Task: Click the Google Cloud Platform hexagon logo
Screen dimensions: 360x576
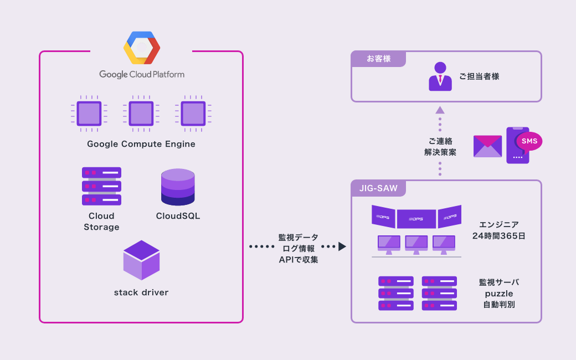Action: click(x=141, y=48)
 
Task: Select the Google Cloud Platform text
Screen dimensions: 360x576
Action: click(x=142, y=74)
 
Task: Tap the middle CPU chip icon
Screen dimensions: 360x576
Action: click(x=141, y=114)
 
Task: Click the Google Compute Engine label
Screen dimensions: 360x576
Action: click(x=141, y=144)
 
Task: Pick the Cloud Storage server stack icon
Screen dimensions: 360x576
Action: click(x=101, y=186)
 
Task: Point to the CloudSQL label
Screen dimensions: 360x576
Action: click(x=178, y=216)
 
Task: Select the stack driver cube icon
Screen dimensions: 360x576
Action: click(x=141, y=260)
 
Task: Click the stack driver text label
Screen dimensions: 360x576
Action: click(x=141, y=292)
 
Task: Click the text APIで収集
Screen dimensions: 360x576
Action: click(x=299, y=259)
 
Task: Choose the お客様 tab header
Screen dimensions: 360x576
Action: click(x=379, y=59)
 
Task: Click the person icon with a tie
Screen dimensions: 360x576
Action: click(x=440, y=76)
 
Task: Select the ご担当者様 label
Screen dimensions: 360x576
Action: click(x=479, y=76)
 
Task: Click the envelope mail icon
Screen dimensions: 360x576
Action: click(x=487, y=146)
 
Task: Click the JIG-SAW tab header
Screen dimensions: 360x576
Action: click(x=379, y=188)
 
